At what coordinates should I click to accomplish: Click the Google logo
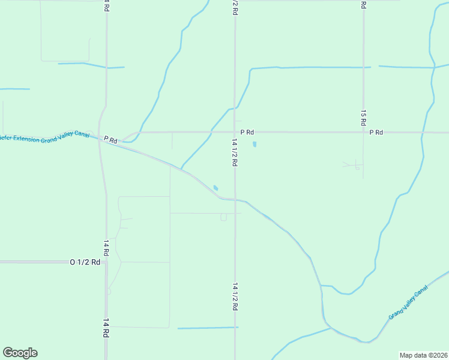[20, 353]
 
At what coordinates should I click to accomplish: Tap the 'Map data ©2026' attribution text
[423, 355]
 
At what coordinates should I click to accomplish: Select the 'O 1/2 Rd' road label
[85, 262]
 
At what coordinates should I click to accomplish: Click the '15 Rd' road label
[364, 117]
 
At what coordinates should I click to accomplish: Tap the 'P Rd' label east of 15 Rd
[376, 132]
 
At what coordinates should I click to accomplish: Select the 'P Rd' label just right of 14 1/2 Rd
[247, 132]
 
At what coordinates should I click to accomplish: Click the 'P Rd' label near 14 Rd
[110, 139]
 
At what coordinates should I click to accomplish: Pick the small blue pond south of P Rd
[255, 145]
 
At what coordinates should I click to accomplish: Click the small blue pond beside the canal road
[215, 188]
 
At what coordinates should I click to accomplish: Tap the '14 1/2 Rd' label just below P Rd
[235, 152]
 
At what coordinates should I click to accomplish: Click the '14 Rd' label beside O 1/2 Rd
[106, 248]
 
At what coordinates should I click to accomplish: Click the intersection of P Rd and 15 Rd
[364, 132]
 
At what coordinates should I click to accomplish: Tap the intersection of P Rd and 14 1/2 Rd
[235, 132]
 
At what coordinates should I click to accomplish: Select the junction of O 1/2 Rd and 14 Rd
[106, 262]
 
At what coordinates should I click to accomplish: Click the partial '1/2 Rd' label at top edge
[235, 4]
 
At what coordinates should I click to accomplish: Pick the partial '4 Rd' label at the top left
[107, 5]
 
